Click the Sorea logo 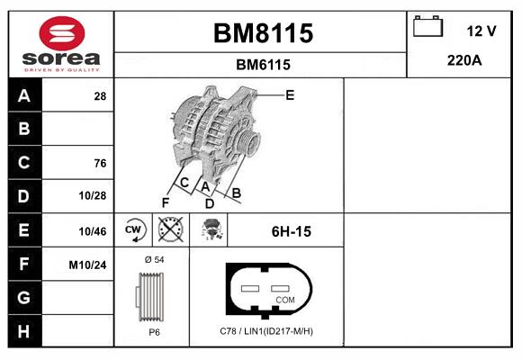coord(61,45)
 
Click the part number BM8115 coord(262,33)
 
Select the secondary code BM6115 coord(262,65)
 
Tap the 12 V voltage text coord(481,31)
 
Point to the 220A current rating coord(464,62)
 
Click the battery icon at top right coord(427,27)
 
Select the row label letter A coord(23,95)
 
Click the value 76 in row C coord(100,163)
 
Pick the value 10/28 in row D coord(94,196)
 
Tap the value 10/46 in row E coord(94,231)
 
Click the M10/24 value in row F coord(88,265)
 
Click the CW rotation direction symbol coord(134,230)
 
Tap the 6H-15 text coord(291,231)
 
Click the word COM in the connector coord(285,299)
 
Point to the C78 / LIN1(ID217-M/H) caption coord(266,331)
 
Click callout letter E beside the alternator coord(290,94)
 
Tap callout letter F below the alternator coord(165,202)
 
